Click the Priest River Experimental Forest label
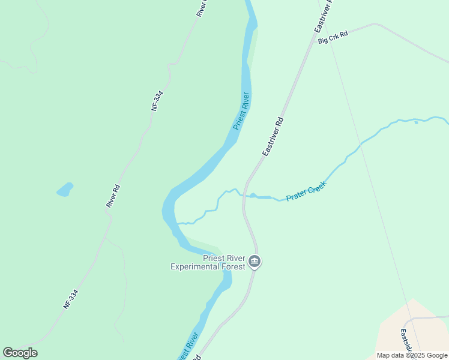pos(208,262)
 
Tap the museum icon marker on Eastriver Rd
pos(255,262)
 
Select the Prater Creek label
pos(306,191)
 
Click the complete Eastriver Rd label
pos(273,137)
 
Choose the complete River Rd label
pos(113,196)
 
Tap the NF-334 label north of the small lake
pos(157,100)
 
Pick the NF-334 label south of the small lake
pos(71,299)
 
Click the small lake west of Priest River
pos(65,190)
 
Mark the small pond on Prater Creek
pos(253,195)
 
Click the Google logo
pos(20,353)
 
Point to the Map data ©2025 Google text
pos(412,355)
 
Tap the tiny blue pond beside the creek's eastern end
pos(416,122)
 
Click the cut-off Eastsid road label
pos(406,340)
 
